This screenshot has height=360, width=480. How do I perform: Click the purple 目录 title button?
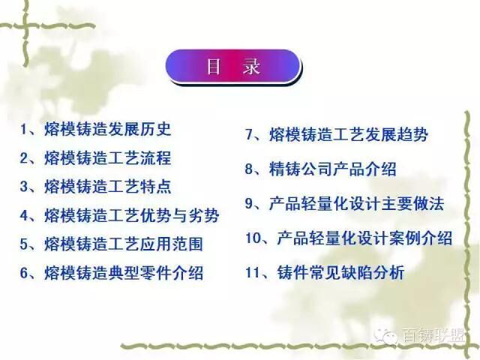point(232,66)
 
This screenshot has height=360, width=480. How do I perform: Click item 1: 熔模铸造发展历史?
point(95,129)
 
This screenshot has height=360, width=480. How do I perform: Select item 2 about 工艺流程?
point(95,158)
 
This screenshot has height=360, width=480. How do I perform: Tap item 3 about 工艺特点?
point(95,187)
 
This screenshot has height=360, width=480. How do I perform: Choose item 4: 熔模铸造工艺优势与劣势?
point(120,215)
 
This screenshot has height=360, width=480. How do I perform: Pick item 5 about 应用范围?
point(112,244)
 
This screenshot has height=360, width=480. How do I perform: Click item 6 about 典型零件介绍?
point(112,273)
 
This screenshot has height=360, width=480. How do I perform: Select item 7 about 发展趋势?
point(337,135)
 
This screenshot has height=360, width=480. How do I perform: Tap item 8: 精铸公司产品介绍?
point(320,169)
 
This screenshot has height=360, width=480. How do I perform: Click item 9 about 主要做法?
point(344,203)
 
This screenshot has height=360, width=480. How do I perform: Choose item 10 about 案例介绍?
point(349,238)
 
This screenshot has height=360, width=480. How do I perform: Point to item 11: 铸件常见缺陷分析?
point(325,272)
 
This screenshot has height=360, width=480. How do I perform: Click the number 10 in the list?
point(253,238)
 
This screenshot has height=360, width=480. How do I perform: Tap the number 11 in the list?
point(253,273)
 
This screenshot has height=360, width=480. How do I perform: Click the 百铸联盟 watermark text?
point(433,335)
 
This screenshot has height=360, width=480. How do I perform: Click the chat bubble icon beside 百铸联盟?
point(386,335)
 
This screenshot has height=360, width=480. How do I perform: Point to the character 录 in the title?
point(251,66)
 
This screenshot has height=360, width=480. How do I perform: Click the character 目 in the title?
point(213,66)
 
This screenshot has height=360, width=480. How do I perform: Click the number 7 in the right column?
point(249,135)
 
